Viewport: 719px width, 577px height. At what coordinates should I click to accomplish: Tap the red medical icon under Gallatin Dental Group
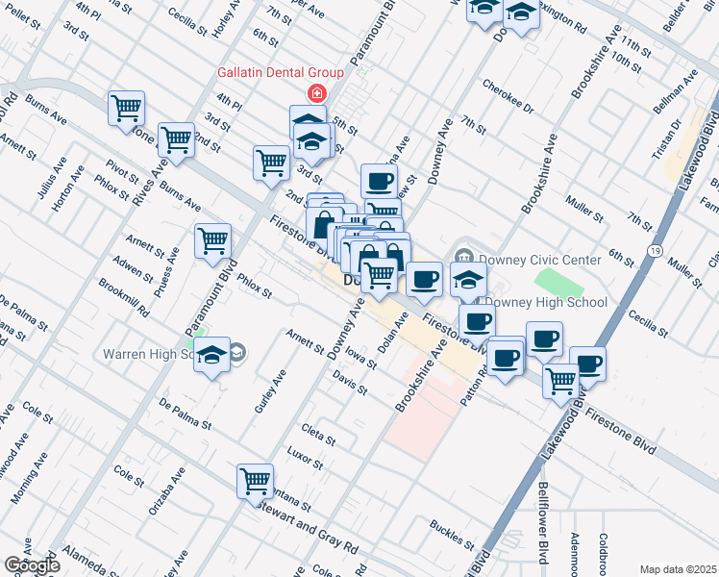pyautogui.click(x=314, y=93)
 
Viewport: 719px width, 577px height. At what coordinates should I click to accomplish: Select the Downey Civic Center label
pyautogui.click(x=540, y=260)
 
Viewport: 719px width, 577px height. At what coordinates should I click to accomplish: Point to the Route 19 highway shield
pyautogui.click(x=654, y=250)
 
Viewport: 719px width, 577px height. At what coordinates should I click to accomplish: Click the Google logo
pyautogui.click(x=32, y=564)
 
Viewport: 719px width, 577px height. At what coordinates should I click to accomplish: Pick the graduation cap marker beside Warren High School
pyautogui.click(x=211, y=354)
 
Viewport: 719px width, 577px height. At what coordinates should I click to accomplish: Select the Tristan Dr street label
pyautogui.click(x=678, y=139)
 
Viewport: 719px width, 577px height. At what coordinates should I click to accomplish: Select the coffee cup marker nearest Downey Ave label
pyautogui.click(x=379, y=180)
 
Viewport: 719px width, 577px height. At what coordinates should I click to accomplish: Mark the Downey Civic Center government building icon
pyautogui.click(x=464, y=257)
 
